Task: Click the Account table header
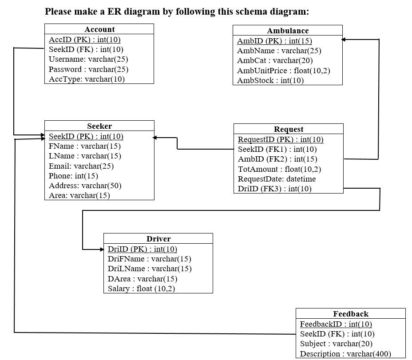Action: (x=99, y=29)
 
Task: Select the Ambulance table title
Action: (x=288, y=31)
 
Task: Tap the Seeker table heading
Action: (x=99, y=126)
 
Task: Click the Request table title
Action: (x=289, y=129)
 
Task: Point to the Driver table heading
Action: (x=158, y=239)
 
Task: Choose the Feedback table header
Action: (x=351, y=314)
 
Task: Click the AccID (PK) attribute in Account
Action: (x=84, y=40)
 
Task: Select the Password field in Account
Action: (x=88, y=69)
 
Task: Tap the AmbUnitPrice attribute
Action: (x=283, y=71)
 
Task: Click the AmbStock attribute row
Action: (x=270, y=80)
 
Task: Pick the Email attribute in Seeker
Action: (x=81, y=166)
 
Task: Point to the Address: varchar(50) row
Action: (x=85, y=186)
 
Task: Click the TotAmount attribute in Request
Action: (x=279, y=169)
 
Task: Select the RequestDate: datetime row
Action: (x=277, y=179)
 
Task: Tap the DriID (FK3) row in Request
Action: (x=274, y=189)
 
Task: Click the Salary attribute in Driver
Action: (x=141, y=289)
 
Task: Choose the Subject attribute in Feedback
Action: (x=336, y=344)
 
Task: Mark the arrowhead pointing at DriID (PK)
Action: (x=101, y=249)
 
